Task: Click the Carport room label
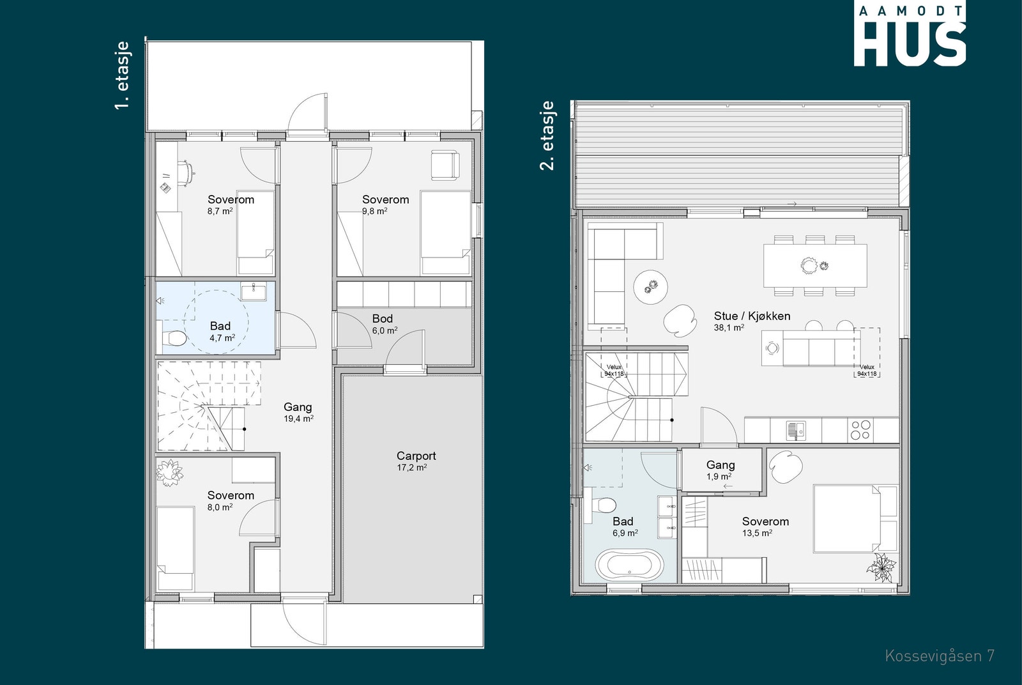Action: coord(416,456)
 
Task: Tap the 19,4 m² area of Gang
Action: coord(298,419)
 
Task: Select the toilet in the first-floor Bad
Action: coord(174,338)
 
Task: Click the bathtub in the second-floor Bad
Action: coord(629,566)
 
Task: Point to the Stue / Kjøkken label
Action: coord(752,316)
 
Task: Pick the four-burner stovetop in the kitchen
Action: coord(860,430)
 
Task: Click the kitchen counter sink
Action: coord(796,430)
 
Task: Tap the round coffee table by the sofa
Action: coord(651,287)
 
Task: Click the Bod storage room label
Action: coord(383,319)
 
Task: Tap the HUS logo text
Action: coord(910,44)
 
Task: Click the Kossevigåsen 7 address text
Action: coord(940,656)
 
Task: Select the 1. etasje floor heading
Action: coord(122,75)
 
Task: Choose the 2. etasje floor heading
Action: coord(547,135)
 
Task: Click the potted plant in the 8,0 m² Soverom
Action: coord(169,473)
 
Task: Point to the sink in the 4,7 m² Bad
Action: coord(254,291)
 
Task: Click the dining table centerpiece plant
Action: coord(809,265)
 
